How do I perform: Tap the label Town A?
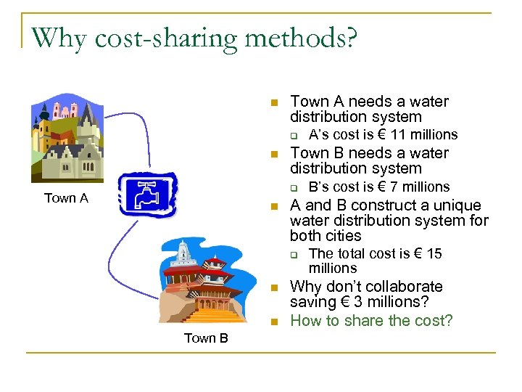66,198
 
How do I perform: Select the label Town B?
206,338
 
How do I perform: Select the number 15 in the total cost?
434,253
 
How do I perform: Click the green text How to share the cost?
370,320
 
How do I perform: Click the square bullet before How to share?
274,322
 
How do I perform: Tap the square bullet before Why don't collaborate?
274,287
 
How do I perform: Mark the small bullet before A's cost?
294,135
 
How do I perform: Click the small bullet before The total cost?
294,254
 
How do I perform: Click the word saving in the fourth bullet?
312,301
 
